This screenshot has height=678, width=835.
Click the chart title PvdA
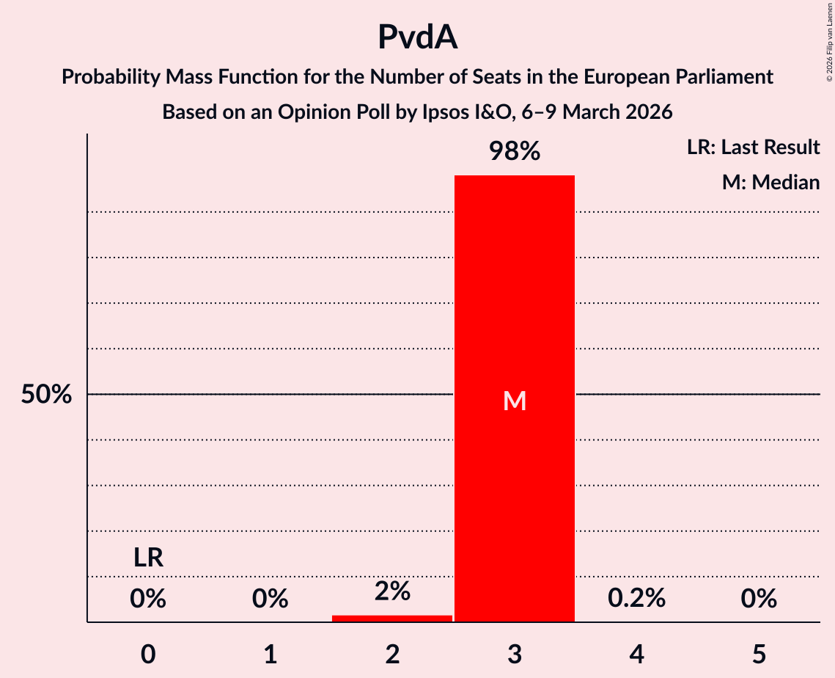417,37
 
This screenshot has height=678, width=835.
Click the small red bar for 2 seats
392,619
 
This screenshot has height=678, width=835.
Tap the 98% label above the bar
515,152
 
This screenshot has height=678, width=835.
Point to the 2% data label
392,591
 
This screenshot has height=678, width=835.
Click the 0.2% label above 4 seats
636,599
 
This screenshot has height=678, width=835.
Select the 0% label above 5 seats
758,599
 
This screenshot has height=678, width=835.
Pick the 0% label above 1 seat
270,599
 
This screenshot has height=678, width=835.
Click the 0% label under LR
148,599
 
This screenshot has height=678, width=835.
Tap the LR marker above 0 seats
148,558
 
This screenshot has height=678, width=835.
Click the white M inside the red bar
515,401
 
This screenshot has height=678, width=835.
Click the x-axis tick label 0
148,655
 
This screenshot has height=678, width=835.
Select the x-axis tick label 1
270,655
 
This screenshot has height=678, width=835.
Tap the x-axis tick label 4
636,655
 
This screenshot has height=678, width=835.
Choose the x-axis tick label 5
758,655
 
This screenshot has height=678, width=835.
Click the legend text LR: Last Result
753,147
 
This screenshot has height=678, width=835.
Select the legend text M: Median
770,182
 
